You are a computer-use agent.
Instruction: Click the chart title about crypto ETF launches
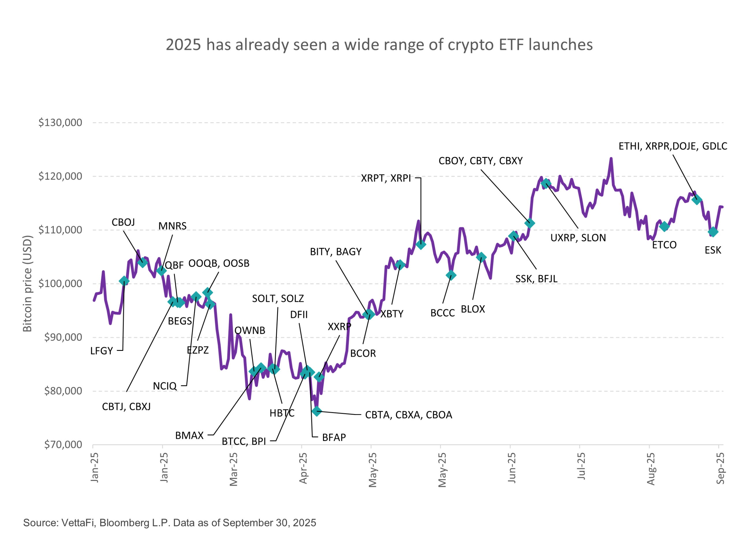pyautogui.click(x=379, y=45)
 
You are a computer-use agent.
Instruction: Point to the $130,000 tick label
pyautogui.click(x=60, y=123)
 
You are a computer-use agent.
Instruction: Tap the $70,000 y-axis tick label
pyautogui.click(x=63, y=444)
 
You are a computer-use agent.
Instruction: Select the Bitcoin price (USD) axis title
pyautogui.click(x=27, y=284)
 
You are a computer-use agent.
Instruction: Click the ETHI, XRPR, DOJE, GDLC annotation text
pyautogui.click(x=673, y=146)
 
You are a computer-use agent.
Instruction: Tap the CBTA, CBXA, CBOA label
pyautogui.click(x=408, y=415)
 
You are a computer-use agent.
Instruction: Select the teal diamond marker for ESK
pyautogui.click(x=713, y=232)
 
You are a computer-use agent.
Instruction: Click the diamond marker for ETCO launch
pyautogui.click(x=664, y=227)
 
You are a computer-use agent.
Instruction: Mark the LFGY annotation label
pyautogui.click(x=102, y=351)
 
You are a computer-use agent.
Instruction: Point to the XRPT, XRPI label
pyautogui.click(x=386, y=178)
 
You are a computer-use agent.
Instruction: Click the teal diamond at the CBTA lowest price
pyautogui.click(x=317, y=411)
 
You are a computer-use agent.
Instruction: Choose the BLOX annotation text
pyautogui.click(x=473, y=309)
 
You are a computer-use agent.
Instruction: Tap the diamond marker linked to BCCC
pyautogui.click(x=451, y=275)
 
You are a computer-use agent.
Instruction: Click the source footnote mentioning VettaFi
pyautogui.click(x=169, y=523)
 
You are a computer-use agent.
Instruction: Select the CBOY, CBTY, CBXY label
pyautogui.click(x=480, y=161)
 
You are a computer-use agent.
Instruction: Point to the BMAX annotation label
pyautogui.click(x=189, y=435)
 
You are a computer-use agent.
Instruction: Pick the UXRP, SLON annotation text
pyautogui.click(x=578, y=238)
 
